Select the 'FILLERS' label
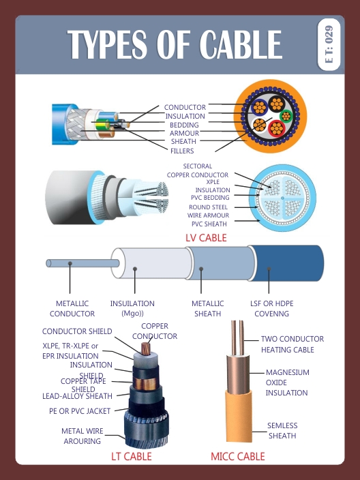pos(182,151)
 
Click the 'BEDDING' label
pos(184,125)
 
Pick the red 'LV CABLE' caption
pos(206,238)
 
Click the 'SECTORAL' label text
pos(198,166)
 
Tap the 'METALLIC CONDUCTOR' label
pos(72,308)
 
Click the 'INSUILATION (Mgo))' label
pos(132,308)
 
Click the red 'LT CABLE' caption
pos(131,456)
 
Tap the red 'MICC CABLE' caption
pos(237,456)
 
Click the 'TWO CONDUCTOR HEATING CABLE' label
pos(292,344)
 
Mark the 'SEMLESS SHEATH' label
pos(282,431)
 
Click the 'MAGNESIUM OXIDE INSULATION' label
pos(287,382)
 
